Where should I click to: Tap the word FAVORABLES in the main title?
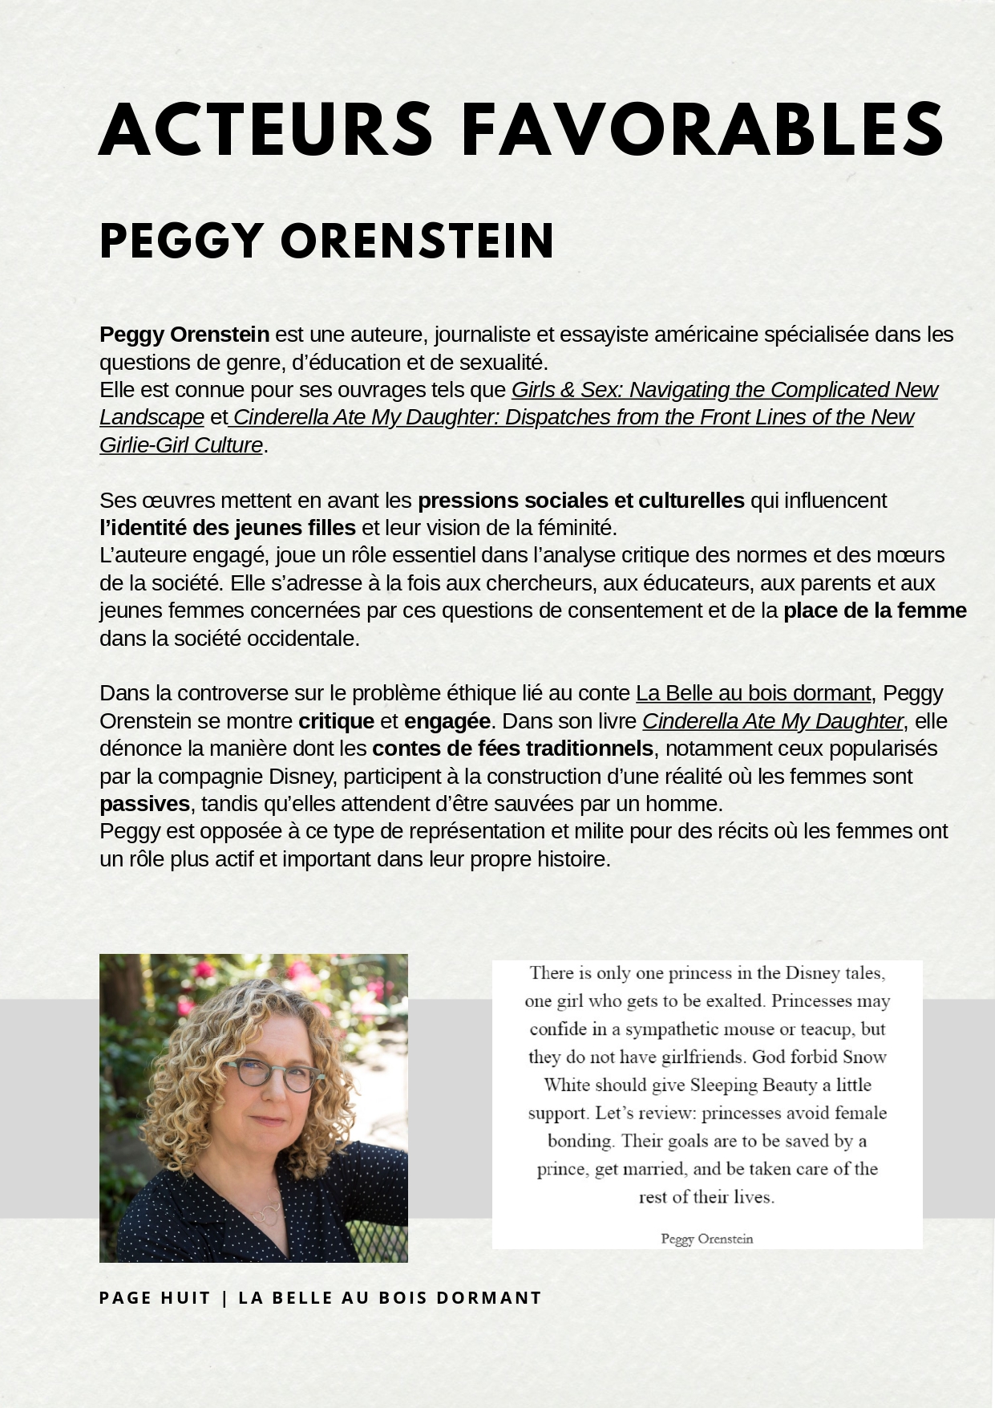point(702,130)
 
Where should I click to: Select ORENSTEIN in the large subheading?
point(417,241)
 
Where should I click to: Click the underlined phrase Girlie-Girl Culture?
point(181,445)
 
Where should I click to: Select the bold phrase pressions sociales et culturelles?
point(581,501)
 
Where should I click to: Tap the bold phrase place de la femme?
point(875,611)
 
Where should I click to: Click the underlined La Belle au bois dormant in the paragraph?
point(753,693)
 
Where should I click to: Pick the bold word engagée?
point(447,721)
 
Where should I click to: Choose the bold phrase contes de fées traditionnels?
point(512,749)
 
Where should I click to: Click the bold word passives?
point(144,804)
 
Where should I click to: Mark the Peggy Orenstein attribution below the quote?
point(706,1239)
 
